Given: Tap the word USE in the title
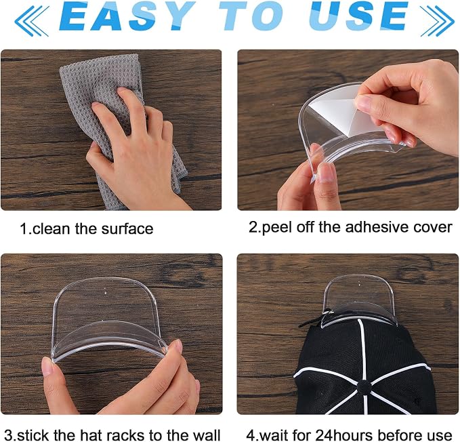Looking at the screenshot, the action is pos(358,16).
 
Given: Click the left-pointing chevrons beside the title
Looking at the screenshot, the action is pos(32,20).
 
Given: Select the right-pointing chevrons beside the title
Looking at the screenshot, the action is pos(437,20).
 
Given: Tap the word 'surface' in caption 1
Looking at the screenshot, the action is pos(127,228).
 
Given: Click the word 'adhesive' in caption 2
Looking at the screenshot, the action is pos(377,227).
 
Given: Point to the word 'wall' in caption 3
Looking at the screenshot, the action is pos(207,435).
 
